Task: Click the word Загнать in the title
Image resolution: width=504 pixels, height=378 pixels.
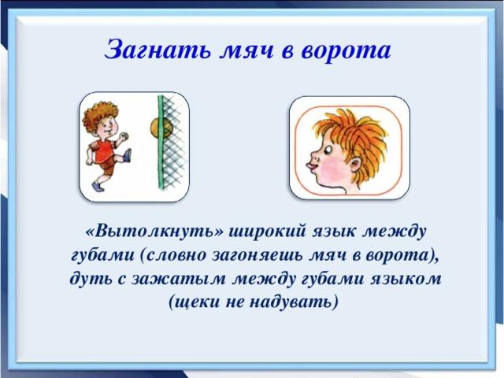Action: (157, 50)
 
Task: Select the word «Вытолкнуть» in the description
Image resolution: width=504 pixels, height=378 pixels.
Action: (154, 232)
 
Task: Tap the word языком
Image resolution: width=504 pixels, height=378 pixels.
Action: (406, 279)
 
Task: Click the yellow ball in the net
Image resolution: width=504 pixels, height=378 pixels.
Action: (161, 128)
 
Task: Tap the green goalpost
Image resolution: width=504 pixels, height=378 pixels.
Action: (161, 142)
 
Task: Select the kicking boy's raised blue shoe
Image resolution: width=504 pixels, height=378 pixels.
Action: (128, 155)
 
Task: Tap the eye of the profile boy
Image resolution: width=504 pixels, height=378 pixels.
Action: (328, 150)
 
